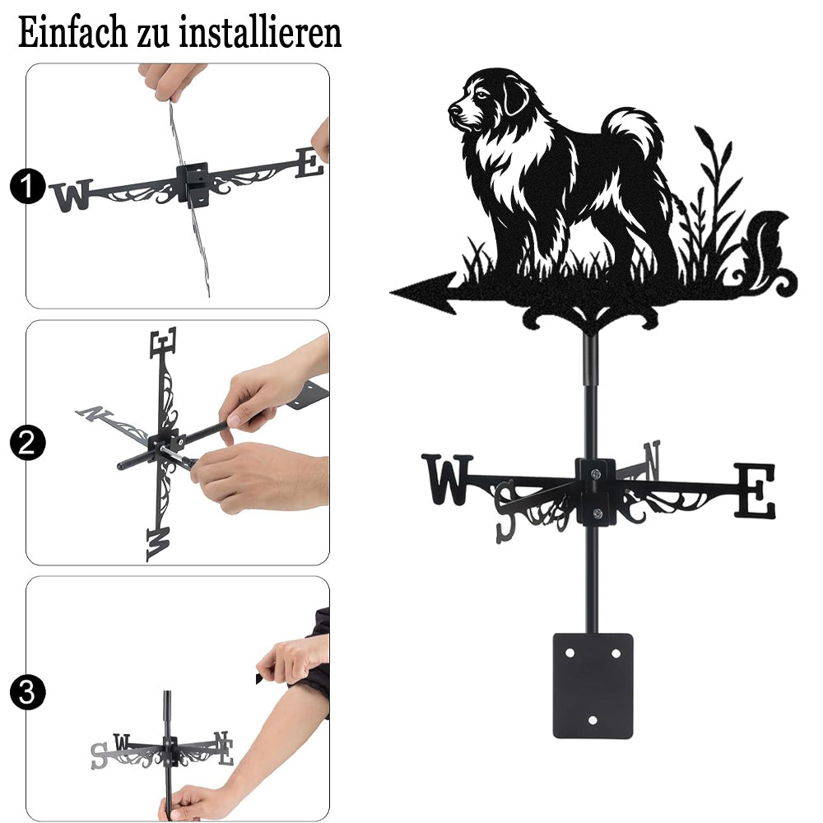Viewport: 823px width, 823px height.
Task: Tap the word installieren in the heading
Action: tap(260, 32)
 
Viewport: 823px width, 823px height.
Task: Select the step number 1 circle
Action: tap(27, 186)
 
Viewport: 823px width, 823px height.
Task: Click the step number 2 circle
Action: tap(27, 443)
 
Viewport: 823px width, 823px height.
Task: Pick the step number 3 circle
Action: tap(27, 692)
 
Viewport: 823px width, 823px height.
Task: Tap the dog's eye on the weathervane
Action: tap(481, 95)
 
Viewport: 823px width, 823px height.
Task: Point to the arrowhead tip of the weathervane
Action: tap(391, 292)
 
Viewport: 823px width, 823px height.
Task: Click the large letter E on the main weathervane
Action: tap(754, 491)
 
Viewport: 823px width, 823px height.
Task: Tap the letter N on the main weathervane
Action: tap(651, 460)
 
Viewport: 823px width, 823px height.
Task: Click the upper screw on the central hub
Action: tap(595, 475)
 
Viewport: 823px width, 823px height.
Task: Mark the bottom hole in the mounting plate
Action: tap(593, 720)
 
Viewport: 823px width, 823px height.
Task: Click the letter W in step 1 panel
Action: tap(72, 195)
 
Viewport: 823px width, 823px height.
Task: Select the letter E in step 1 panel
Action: tap(309, 163)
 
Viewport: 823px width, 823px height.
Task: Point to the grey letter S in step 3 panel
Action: tap(99, 756)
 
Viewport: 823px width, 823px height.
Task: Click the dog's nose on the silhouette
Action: tap(453, 109)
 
